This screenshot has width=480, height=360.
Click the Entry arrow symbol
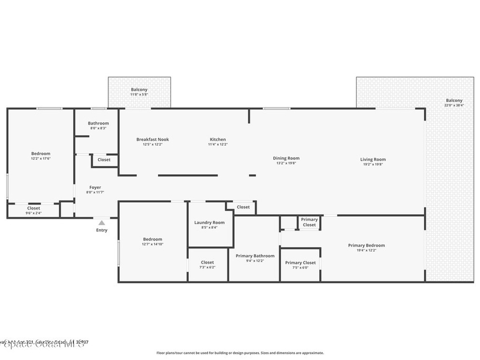tap(102, 223)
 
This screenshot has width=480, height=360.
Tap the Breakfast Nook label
tap(152, 139)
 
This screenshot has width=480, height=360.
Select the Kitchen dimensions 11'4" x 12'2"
tap(217, 144)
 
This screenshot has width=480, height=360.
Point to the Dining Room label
tap(286, 158)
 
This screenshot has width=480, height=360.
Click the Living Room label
tap(373, 159)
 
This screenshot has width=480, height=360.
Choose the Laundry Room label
tap(209, 223)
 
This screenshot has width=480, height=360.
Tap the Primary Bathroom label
tap(255, 256)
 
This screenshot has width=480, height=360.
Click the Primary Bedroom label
tap(366, 245)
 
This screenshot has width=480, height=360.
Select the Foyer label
tap(95, 187)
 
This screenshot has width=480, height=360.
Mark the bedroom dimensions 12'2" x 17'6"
tap(40, 158)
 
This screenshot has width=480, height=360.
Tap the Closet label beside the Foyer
tap(104, 160)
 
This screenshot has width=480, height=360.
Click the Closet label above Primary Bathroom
tap(243, 207)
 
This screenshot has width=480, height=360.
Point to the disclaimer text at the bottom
tap(240, 353)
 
